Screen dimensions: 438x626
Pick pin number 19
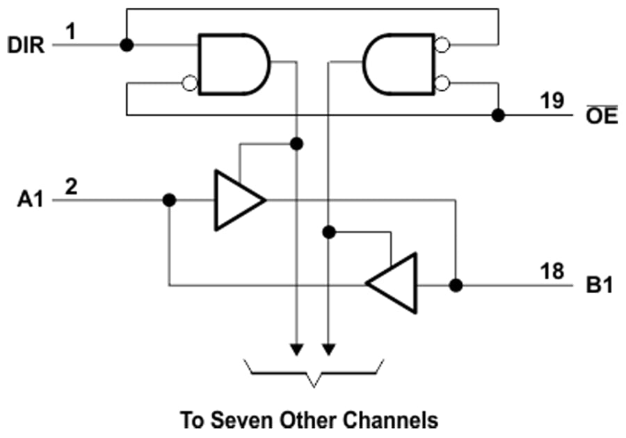click(554, 101)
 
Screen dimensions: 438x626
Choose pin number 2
click(70, 186)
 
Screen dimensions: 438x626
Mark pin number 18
click(552, 271)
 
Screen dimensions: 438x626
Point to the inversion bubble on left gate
click(188, 84)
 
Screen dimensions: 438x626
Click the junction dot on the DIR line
click(126, 45)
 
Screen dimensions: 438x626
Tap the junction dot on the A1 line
click(168, 200)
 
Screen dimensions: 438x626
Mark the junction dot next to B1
click(456, 285)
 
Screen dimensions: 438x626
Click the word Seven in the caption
click(249, 420)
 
